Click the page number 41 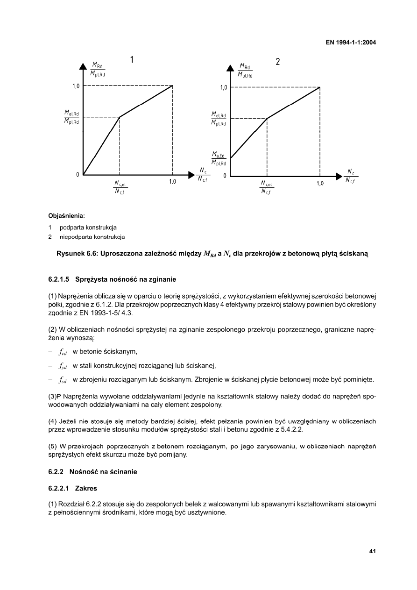tap(372, 551)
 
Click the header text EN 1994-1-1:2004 tap(351, 43)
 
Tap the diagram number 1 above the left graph tap(132, 60)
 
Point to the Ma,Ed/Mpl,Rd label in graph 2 tap(219, 159)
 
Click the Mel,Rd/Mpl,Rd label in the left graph tap(71, 117)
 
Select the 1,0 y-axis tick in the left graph tap(75, 86)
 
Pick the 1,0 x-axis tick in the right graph tap(320, 183)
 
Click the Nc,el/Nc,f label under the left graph tap(120, 187)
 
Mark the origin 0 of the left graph tap(78, 175)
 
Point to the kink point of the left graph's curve tap(120, 117)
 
